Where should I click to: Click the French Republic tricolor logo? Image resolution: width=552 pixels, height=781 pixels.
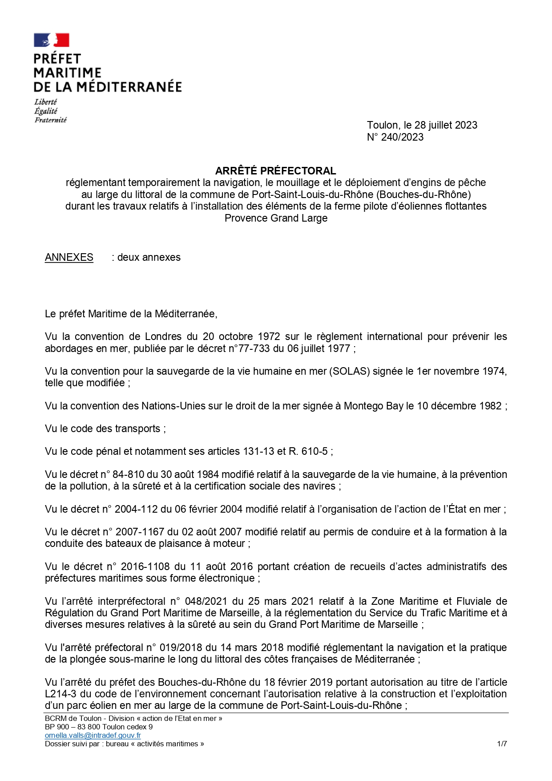coord(52,40)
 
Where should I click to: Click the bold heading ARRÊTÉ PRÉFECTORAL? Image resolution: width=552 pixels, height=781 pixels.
coord(275,171)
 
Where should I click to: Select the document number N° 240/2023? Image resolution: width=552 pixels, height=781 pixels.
coord(395,137)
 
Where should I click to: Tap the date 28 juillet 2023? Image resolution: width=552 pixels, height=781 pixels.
coord(446,125)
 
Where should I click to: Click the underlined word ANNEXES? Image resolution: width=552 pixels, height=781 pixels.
coord(69,257)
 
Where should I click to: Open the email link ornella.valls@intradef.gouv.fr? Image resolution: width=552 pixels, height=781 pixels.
coord(93,736)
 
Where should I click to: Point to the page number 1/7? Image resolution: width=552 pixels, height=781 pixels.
coord(502,744)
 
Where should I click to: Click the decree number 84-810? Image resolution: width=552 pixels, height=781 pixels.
coord(130,474)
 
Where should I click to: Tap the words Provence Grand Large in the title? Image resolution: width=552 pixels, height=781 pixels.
coord(276,218)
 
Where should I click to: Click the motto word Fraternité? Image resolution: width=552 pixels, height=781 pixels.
coord(50,120)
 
